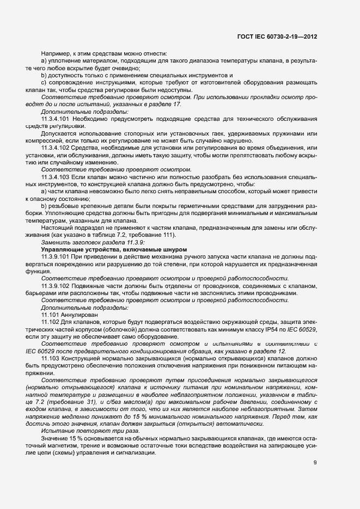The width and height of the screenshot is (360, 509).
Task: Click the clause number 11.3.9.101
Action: point(55,255)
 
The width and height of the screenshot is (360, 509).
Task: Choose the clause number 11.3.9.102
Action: point(55,285)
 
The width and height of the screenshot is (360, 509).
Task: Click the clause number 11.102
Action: point(50,322)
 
